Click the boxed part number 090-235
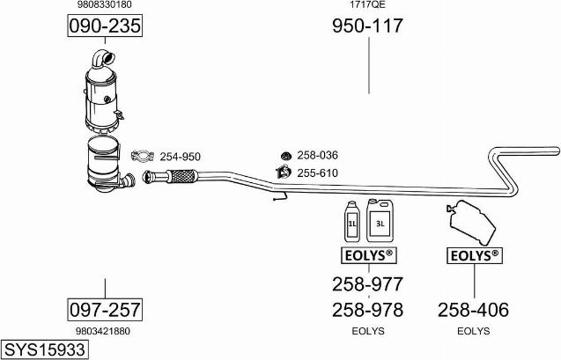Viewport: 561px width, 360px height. coord(105,26)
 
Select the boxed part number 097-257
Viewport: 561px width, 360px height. coord(105,310)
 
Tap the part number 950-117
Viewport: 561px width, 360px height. coord(368,26)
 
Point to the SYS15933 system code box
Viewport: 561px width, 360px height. coord(45,349)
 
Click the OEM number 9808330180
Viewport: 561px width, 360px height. coord(105,4)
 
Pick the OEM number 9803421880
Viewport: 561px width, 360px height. coord(103,332)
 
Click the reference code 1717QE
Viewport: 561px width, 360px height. coord(367,4)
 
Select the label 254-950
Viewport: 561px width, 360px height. coord(180,157)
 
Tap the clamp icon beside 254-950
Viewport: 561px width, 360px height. coord(143,156)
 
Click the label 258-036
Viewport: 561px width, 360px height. coord(317,155)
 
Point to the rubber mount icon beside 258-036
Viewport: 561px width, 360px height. coord(286,156)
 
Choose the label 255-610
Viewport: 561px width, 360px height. coord(317,173)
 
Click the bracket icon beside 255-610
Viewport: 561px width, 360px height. coord(284,172)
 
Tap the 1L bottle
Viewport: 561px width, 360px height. coord(352,222)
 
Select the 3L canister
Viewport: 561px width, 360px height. coord(380,221)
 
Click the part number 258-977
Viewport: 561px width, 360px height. coord(368,284)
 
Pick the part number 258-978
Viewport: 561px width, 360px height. coord(368,310)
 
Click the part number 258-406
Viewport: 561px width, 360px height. coord(473,310)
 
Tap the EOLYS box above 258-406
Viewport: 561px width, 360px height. coord(475,255)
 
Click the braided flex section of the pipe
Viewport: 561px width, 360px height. coord(182,176)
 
